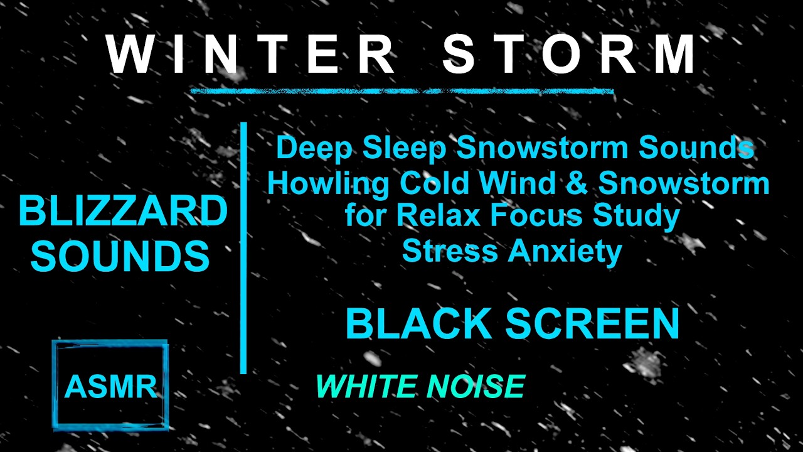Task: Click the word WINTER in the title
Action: (x=250, y=55)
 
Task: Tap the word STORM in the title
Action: (x=570, y=55)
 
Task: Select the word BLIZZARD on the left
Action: (x=123, y=212)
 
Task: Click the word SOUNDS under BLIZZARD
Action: (x=120, y=256)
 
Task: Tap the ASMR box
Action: (x=110, y=385)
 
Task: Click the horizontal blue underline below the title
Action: (x=401, y=92)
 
